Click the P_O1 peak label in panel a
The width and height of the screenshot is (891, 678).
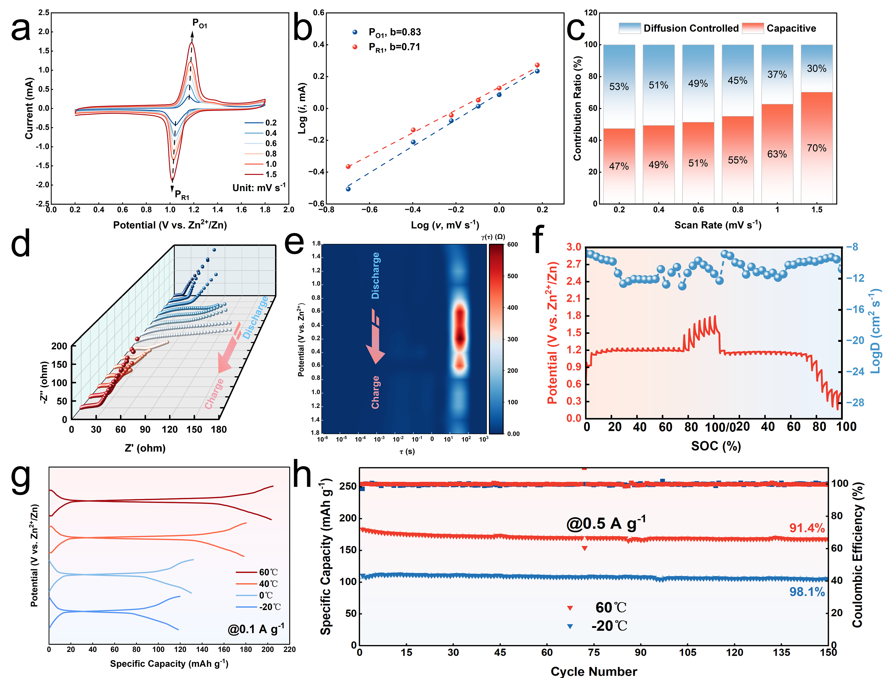[x=200, y=23]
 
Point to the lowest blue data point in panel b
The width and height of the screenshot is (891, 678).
[x=348, y=189]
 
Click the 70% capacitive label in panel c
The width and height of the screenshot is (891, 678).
[x=817, y=148]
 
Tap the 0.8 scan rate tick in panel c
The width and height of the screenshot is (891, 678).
[x=737, y=209]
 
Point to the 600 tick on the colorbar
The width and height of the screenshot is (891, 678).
[x=513, y=244]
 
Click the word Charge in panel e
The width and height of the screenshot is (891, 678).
[x=375, y=392]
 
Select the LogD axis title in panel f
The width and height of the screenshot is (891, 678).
[x=875, y=331]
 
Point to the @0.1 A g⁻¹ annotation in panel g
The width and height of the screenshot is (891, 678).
[x=256, y=629]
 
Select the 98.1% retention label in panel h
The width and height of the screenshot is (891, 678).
[x=807, y=592]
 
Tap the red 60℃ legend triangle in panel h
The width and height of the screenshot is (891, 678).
[x=570, y=608]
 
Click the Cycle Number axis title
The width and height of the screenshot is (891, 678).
[x=594, y=671]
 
